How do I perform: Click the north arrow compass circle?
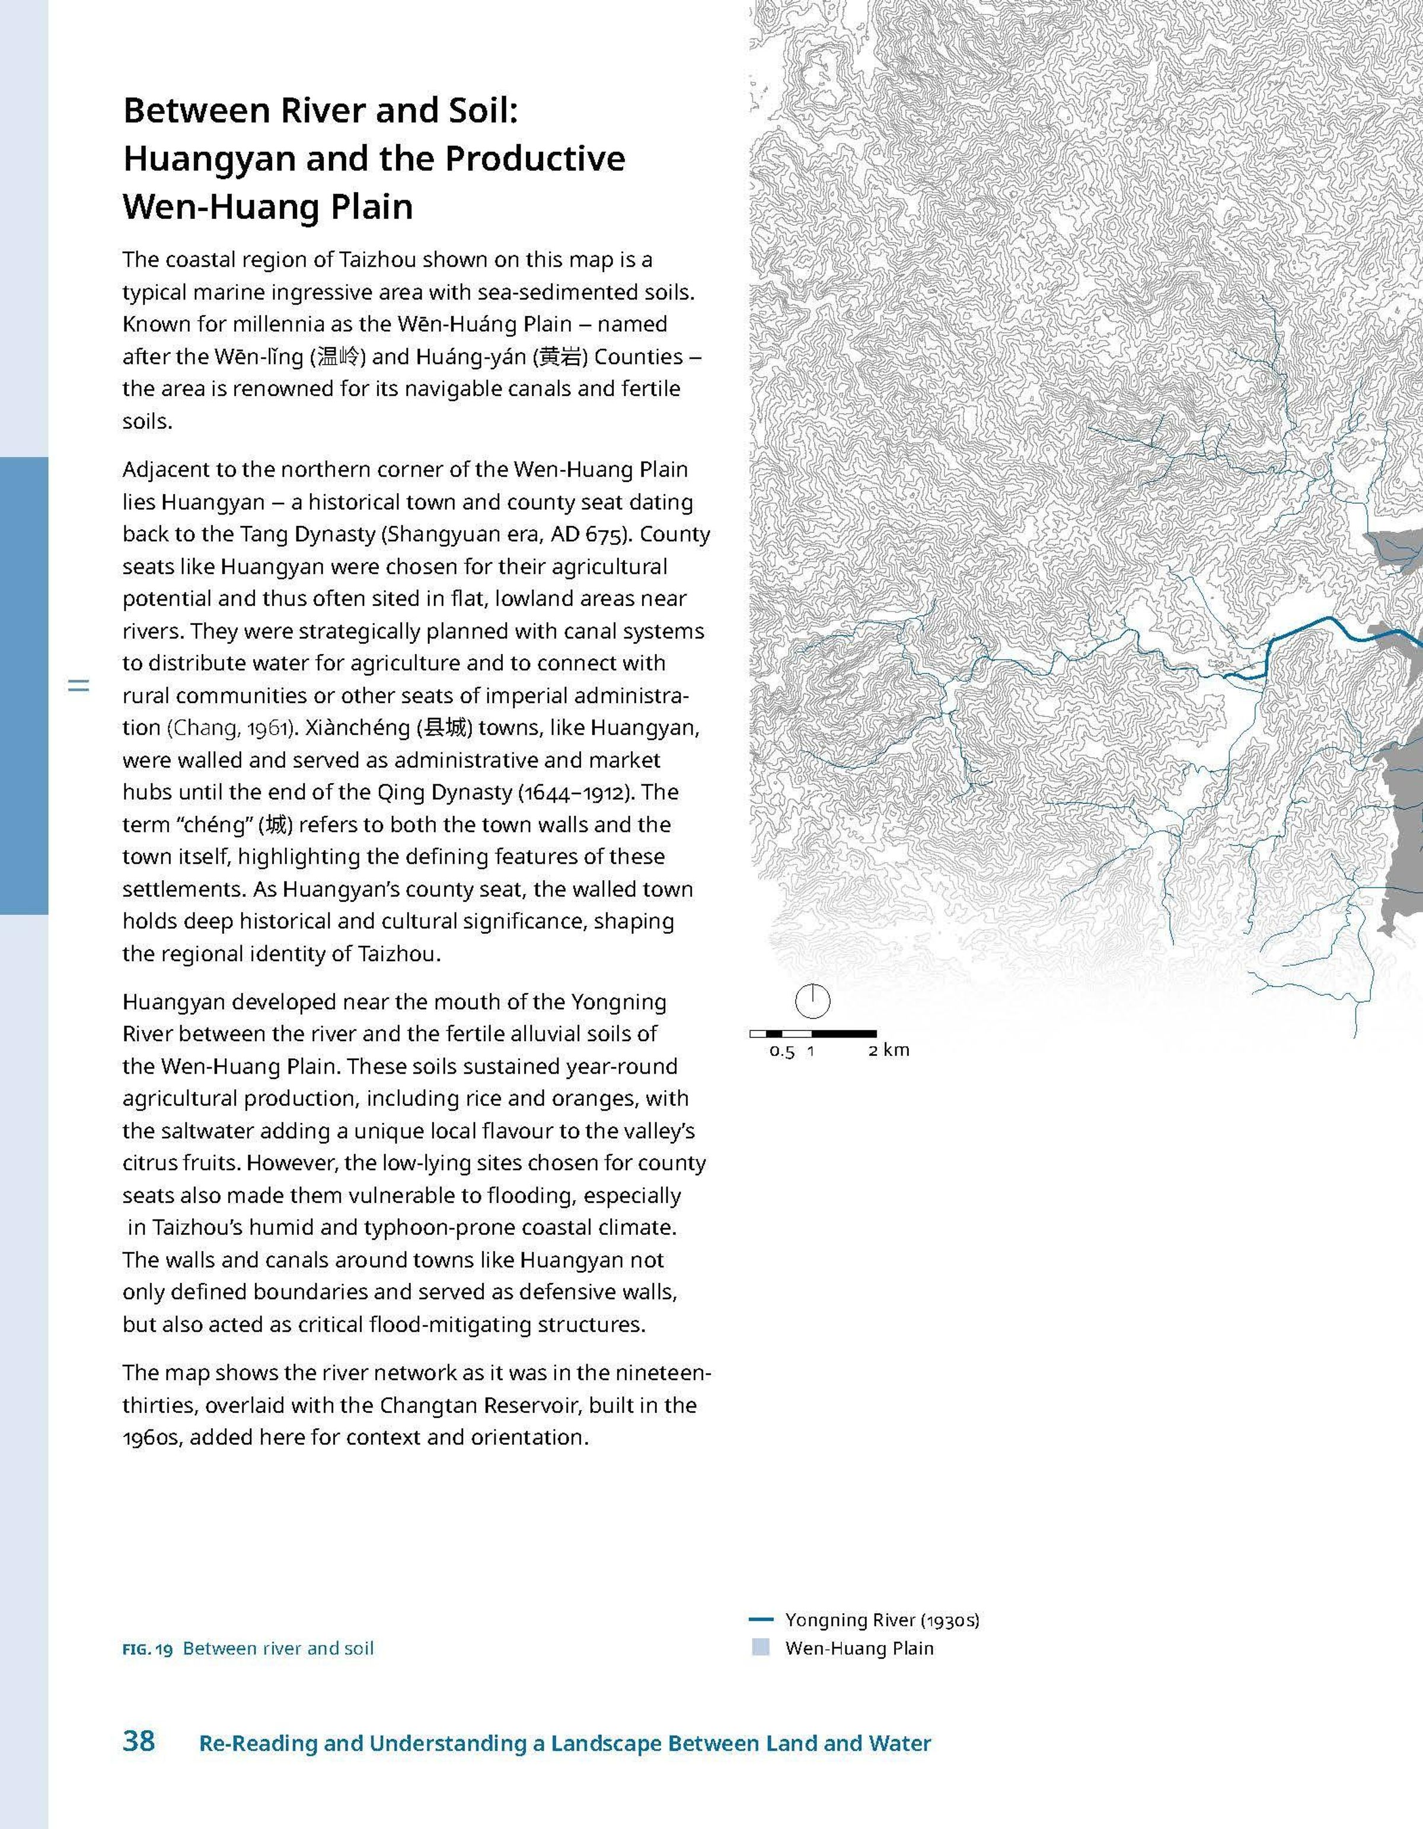(x=812, y=1001)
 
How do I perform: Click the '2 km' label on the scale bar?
(x=889, y=1050)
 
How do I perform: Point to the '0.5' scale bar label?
(x=781, y=1051)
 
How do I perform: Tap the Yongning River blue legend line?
(x=761, y=1620)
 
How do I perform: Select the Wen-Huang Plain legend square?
(x=761, y=1648)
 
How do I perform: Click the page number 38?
(x=139, y=1741)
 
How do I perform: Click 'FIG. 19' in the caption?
(x=148, y=1649)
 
